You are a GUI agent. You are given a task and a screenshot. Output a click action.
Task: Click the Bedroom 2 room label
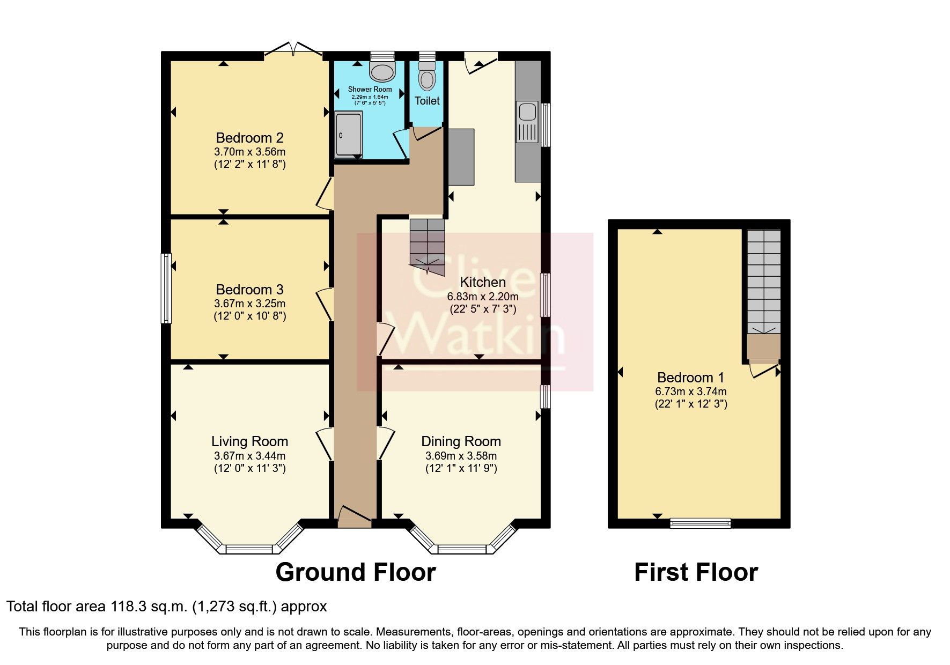[x=249, y=138]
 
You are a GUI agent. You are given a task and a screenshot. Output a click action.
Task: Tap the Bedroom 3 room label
[x=249, y=290]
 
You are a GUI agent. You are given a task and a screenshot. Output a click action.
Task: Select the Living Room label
[x=249, y=441]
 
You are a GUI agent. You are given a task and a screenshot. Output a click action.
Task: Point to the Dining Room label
[x=461, y=441]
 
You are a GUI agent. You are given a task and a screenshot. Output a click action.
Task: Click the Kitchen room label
[x=483, y=282]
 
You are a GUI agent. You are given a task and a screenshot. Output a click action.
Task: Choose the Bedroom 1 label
[x=691, y=377]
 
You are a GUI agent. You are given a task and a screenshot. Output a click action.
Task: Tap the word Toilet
[x=427, y=101]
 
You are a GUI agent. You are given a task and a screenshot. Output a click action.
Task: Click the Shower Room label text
[x=370, y=89]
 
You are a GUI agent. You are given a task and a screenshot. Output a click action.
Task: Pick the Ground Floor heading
[x=355, y=572]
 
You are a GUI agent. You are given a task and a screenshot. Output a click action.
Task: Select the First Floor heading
[x=696, y=572]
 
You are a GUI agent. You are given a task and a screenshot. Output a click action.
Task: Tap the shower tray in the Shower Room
[x=348, y=134]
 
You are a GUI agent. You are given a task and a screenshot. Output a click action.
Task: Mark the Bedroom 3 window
[x=167, y=289]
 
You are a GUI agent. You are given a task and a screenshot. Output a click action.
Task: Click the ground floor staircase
[x=428, y=247]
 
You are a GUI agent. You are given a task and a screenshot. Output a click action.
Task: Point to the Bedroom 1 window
[x=700, y=523]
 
